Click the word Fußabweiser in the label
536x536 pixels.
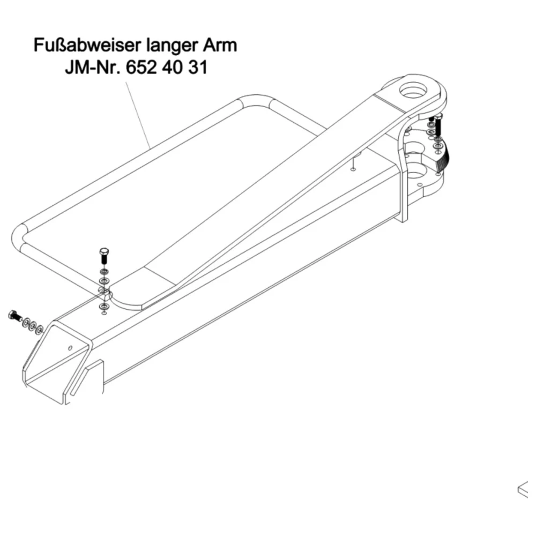tap(88, 45)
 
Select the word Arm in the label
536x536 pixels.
tap(220, 45)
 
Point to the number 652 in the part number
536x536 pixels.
tap(142, 68)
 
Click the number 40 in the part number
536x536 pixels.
tap(173, 68)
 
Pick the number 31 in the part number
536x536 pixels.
tap(198, 68)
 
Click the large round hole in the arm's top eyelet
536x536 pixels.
tap(413, 91)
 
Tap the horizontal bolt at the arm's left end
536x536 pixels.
tap(14, 316)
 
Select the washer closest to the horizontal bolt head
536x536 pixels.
tap(26, 322)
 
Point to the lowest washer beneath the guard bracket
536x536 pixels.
tap(104, 306)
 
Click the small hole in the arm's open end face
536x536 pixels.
tap(70, 348)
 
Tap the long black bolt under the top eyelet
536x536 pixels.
tap(438, 125)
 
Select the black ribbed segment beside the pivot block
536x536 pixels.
tap(443, 157)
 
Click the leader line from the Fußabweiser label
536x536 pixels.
tap(138, 115)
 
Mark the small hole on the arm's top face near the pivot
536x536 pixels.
tap(353, 169)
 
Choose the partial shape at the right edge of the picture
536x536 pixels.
tap(523, 490)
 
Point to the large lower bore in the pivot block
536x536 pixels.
tap(416, 172)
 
